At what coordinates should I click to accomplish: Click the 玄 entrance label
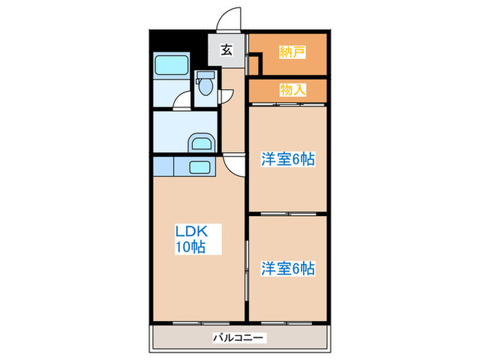point(226,49)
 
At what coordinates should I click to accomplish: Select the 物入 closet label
point(292,88)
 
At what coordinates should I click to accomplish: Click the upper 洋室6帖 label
point(287,159)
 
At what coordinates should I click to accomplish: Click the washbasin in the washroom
point(202,143)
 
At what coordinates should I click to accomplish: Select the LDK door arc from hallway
point(233,164)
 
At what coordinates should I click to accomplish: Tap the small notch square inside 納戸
point(254,66)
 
